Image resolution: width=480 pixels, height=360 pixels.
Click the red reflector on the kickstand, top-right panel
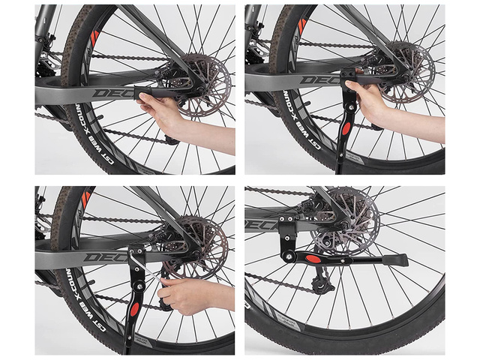[347, 128]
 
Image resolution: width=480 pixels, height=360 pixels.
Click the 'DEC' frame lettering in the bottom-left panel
[101, 257]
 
